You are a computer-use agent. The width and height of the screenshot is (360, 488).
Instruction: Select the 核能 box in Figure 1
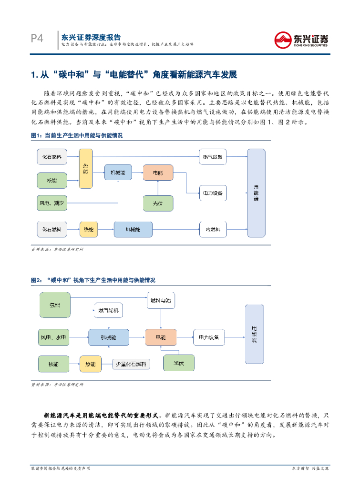(52, 180)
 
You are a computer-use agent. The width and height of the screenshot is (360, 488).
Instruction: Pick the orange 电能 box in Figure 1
(158, 172)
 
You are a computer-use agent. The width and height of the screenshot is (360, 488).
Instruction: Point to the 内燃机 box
(212, 230)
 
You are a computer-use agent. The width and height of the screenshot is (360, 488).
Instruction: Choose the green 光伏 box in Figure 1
(158, 203)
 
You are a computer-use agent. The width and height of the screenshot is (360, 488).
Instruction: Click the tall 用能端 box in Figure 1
(256, 193)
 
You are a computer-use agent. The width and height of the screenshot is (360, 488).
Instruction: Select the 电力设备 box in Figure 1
(212, 193)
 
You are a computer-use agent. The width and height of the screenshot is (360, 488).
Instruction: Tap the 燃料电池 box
(161, 300)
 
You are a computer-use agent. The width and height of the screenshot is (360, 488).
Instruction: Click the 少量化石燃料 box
(131, 364)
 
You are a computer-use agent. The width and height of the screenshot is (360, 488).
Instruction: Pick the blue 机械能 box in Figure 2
(108, 337)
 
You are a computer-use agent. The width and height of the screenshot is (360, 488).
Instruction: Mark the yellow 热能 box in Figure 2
(90, 364)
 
